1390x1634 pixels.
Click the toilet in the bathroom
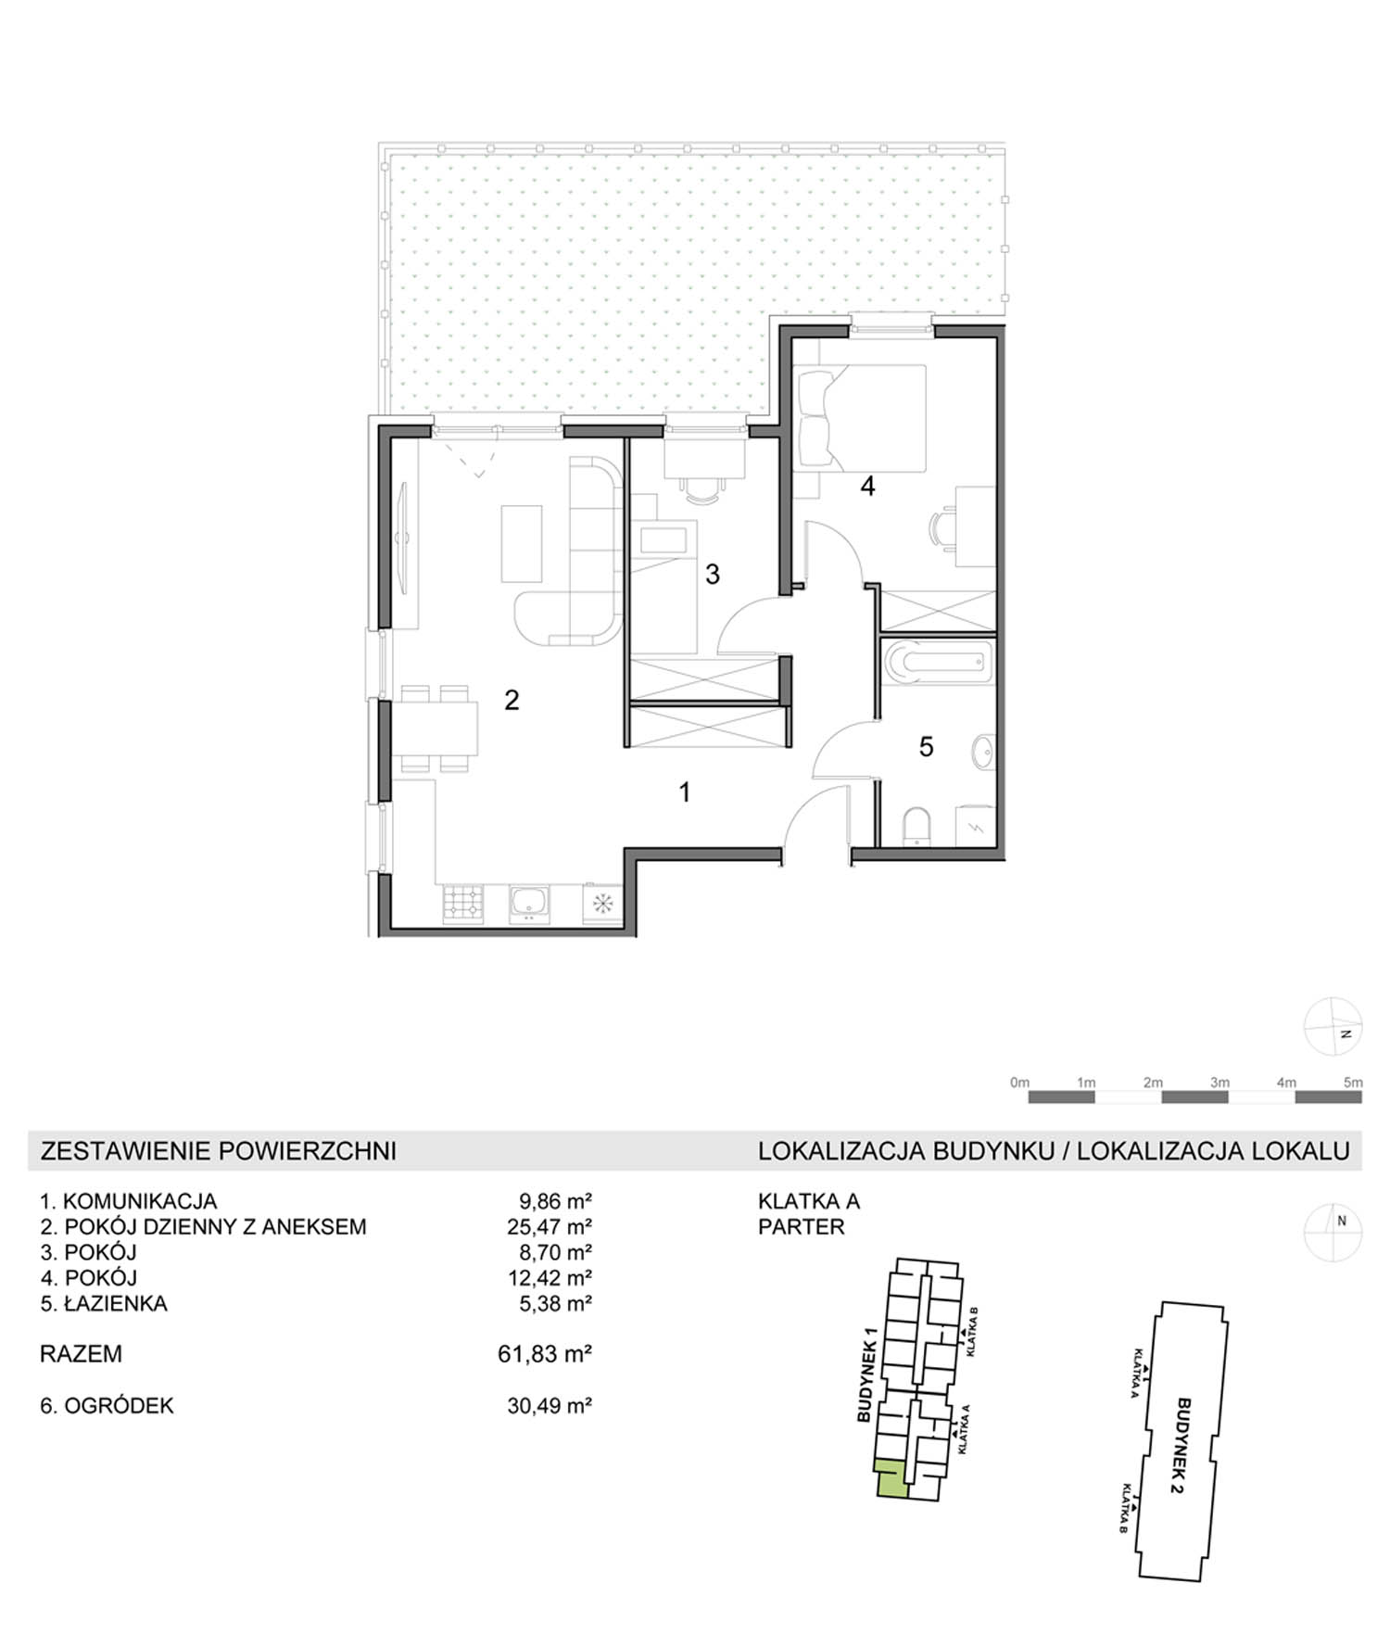pyautogui.click(x=916, y=827)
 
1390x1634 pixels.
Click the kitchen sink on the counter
pyautogui.click(x=529, y=904)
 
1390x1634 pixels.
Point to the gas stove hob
pyautogui.click(x=463, y=904)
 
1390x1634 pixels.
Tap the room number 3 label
pyautogui.click(x=712, y=575)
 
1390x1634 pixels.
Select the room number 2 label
pyautogui.click(x=512, y=700)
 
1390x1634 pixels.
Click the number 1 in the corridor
pyautogui.click(x=685, y=792)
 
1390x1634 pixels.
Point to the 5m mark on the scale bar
pyautogui.click(x=1353, y=1082)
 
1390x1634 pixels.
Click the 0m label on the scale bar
pyautogui.click(x=1019, y=1082)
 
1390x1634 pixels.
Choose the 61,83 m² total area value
pyautogui.click(x=545, y=1354)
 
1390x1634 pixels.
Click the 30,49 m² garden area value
pyautogui.click(x=550, y=1405)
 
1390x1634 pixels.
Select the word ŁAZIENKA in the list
pyautogui.click(x=116, y=1303)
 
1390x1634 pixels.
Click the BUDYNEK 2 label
pyautogui.click(x=1182, y=1445)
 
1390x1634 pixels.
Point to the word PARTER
pyautogui.click(x=802, y=1226)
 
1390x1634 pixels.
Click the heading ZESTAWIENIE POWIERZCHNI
pyautogui.click(x=219, y=1151)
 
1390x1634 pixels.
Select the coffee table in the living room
pyautogui.click(x=522, y=543)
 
